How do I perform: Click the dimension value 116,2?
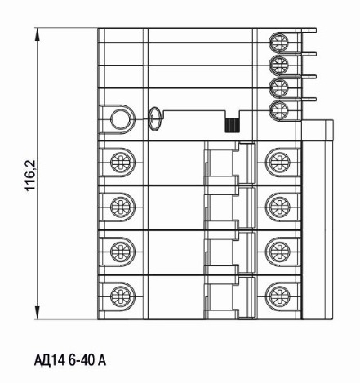32,175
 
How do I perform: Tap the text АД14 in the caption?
50,361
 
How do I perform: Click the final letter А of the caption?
101,360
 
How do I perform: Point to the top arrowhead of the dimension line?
38,34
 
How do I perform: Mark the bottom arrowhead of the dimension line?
38,313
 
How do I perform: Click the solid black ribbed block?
232,126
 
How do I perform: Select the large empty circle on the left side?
120,119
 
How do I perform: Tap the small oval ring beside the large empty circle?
154,118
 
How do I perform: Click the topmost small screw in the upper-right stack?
278,42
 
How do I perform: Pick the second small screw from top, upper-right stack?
278,65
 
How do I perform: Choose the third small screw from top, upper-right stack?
278,87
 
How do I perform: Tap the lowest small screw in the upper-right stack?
278,109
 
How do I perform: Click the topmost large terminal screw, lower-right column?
278,162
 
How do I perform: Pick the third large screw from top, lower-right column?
278,252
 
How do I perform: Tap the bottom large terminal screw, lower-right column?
278,296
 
